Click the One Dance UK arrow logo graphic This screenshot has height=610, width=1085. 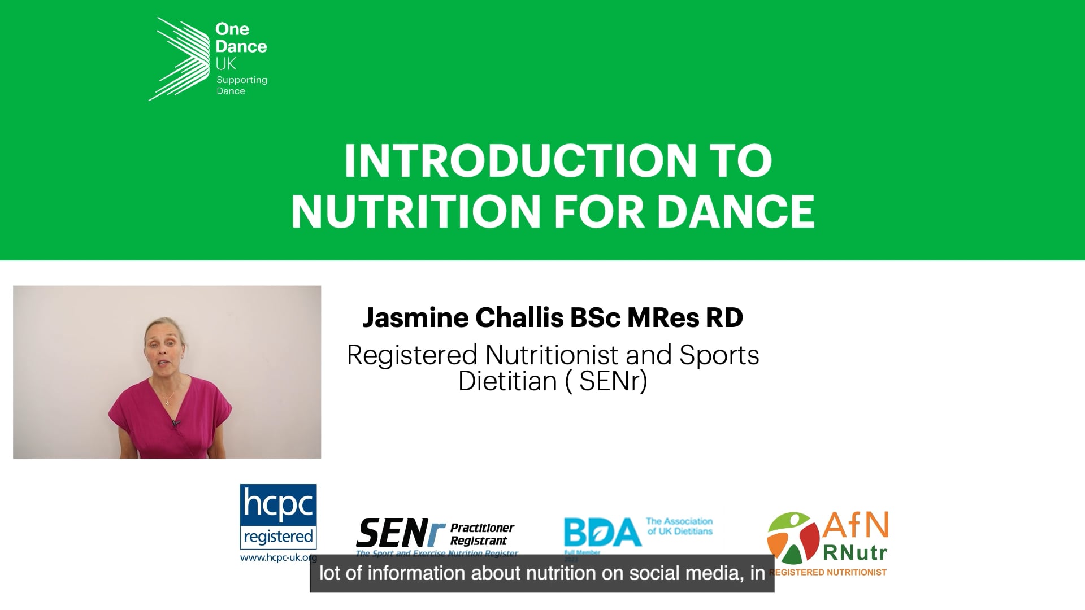click(x=175, y=59)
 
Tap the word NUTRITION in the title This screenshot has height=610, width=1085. click(x=416, y=211)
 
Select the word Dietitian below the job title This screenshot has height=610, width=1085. click(x=507, y=381)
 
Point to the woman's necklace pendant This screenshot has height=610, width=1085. click(x=166, y=403)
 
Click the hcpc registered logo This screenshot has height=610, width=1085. click(x=278, y=517)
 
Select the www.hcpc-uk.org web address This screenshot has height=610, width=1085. click(x=278, y=558)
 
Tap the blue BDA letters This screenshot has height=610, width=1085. click(x=601, y=533)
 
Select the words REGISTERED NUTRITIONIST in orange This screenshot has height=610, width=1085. click(x=827, y=572)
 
